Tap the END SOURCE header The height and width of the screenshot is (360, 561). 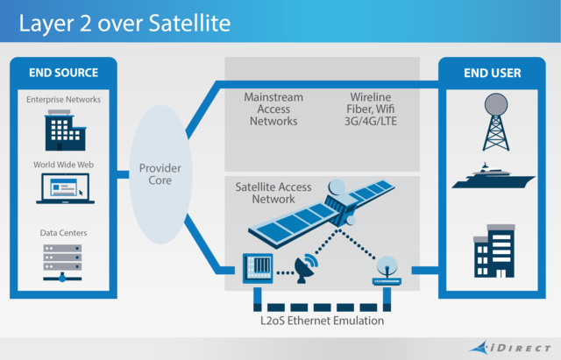pos(62,73)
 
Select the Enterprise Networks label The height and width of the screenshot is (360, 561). pos(62,100)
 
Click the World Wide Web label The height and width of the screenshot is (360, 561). pos(62,164)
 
